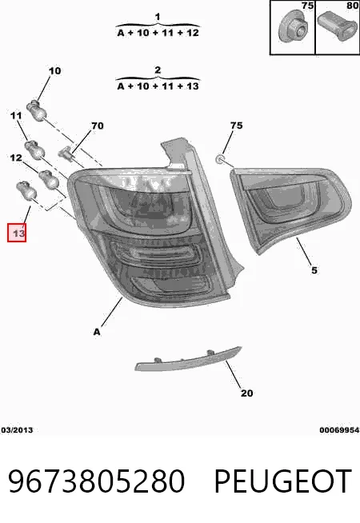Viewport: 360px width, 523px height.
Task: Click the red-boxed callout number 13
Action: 17,232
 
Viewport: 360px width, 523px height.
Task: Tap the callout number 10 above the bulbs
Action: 54,71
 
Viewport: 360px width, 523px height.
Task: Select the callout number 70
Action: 98,126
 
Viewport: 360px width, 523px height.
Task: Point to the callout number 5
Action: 314,270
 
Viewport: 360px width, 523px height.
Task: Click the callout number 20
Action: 247,393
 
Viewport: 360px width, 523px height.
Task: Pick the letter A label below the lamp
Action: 97,332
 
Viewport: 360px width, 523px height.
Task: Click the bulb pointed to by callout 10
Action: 37,110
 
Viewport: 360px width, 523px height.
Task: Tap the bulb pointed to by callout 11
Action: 34,150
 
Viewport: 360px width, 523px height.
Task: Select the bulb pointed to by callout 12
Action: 49,179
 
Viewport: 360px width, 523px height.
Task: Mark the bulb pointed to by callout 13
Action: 26,190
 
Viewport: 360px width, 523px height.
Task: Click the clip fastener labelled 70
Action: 66,154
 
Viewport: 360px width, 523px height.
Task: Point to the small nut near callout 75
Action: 220,159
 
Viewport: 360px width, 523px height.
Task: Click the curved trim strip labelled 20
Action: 189,360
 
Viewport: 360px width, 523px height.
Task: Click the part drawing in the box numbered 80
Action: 337,26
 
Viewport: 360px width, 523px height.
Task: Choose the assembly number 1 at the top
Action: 158,17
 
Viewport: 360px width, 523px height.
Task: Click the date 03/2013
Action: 17,430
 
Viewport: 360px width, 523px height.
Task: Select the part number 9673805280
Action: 96,481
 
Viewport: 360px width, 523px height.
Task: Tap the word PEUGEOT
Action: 282,481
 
